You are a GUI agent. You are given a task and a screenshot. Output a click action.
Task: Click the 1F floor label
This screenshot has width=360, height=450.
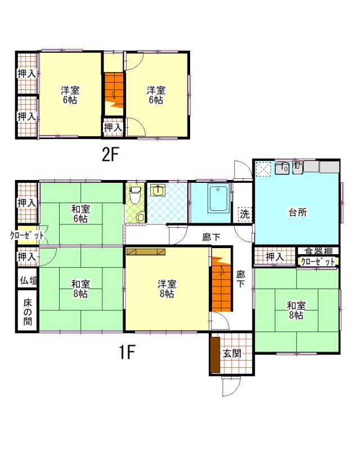[x=127, y=352]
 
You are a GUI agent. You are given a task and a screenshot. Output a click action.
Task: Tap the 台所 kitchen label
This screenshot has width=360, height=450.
[x=298, y=213]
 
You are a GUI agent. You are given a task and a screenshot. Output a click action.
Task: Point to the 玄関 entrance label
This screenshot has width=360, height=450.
[x=232, y=354]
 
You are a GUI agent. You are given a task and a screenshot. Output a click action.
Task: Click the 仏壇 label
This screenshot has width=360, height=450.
[x=28, y=280]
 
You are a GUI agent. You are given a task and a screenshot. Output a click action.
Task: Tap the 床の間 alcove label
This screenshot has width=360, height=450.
[x=28, y=312]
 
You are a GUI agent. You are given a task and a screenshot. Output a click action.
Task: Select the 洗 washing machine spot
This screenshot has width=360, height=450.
[x=245, y=214]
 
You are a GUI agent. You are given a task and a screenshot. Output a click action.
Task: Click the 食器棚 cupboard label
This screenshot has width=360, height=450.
[x=318, y=251]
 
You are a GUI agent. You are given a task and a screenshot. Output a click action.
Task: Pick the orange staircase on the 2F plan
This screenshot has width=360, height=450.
[x=114, y=91]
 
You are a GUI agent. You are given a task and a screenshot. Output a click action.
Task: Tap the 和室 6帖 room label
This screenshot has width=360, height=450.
[x=80, y=214]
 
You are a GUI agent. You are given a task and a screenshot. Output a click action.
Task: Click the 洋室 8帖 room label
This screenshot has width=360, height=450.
[x=167, y=289]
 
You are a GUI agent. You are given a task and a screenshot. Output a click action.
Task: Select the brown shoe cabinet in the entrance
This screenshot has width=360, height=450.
[x=215, y=355]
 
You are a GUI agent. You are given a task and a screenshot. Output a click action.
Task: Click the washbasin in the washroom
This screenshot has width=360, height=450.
[x=157, y=190]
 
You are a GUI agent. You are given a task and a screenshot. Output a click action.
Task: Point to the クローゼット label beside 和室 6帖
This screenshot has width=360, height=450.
[x=27, y=236]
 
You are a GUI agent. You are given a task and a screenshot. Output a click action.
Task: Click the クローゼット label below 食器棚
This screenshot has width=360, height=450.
[x=318, y=262]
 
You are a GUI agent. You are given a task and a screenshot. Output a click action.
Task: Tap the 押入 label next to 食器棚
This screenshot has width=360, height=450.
[x=274, y=256]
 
